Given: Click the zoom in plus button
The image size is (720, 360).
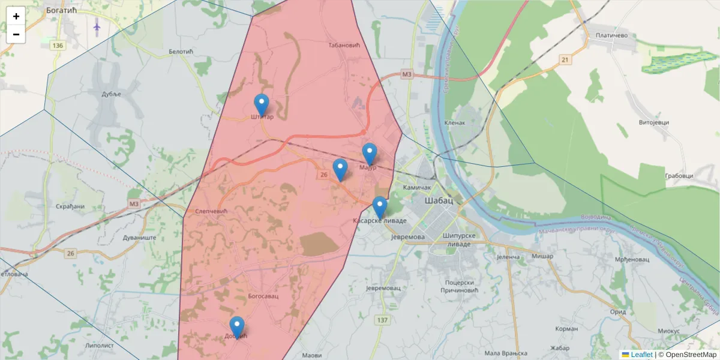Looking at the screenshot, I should [16, 16].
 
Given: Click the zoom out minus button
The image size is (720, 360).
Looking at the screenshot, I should [16, 34].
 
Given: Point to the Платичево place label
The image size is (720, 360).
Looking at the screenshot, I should [611, 36].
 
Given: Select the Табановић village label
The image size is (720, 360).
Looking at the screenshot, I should [343, 45].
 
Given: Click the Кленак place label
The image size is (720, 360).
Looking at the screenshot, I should [455, 122].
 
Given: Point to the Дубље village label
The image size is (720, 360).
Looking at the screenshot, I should [111, 94].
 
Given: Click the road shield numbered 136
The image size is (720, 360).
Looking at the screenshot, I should [58, 46].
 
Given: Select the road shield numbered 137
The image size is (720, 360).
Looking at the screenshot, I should [382, 320].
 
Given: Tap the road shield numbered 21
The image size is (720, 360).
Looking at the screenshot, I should [565, 59].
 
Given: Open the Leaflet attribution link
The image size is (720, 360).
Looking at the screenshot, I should [641, 355].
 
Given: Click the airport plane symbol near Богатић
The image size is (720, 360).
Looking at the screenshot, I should [97, 26].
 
